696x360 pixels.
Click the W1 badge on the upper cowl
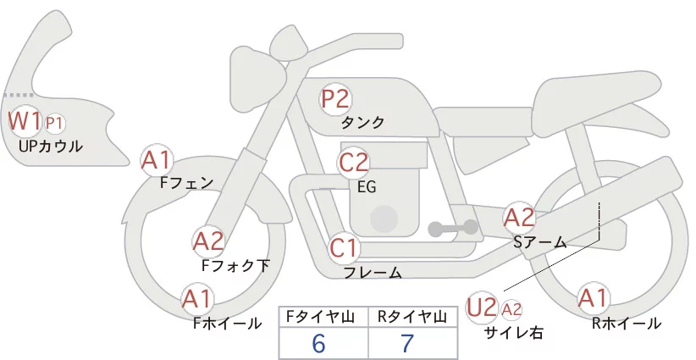click(x=25, y=121)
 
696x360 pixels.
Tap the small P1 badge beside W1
click(x=54, y=124)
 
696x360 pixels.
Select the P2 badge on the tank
click(x=335, y=99)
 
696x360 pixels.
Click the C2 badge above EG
click(x=354, y=162)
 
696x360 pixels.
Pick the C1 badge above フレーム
click(x=344, y=248)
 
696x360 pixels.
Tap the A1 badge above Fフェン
click(x=157, y=161)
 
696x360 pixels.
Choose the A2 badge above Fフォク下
click(x=208, y=242)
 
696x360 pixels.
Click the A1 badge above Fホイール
click(x=197, y=299)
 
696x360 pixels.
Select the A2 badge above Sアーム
click(x=519, y=218)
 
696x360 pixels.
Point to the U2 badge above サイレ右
click(x=482, y=307)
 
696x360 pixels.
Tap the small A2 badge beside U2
click(x=511, y=309)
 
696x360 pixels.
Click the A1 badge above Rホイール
click(x=593, y=298)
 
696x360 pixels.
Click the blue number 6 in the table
click(x=318, y=343)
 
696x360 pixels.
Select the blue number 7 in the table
click(x=407, y=343)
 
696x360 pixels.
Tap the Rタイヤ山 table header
click(x=412, y=317)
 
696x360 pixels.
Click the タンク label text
click(x=362, y=123)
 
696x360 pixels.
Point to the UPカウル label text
click(x=51, y=146)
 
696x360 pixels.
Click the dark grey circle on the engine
click(x=384, y=219)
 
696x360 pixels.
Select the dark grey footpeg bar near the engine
click(x=453, y=228)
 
